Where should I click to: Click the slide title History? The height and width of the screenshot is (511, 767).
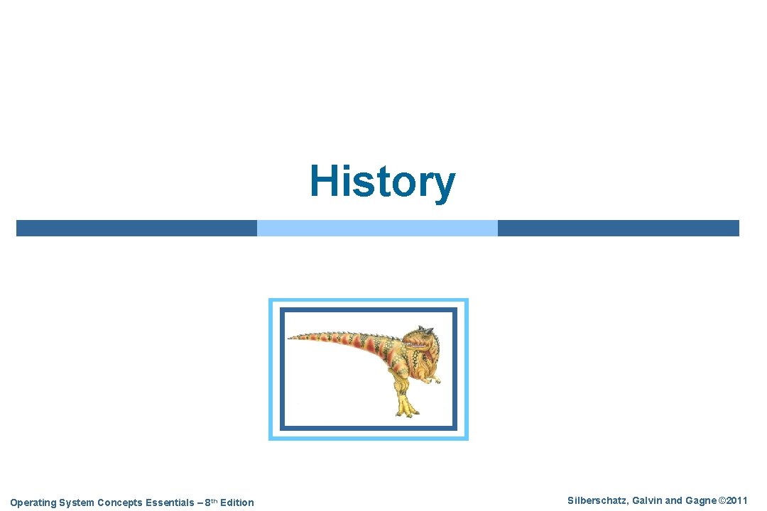click(x=382, y=182)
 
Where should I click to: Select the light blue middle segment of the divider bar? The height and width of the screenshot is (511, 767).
click(x=377, y=228)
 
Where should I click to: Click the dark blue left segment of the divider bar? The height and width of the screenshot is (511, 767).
click(x=136, y=228)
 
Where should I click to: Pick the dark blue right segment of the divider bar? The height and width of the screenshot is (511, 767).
click(x=618, y=228)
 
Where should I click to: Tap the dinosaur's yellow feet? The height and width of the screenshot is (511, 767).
click(x=405, y=410)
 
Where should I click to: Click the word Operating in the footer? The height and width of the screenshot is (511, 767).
click(x=32, y=502)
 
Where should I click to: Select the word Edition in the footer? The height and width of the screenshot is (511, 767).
click(x=236, y=502)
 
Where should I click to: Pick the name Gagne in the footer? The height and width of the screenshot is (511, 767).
click(x=700, y=501)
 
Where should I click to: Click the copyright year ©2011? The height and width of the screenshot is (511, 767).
click(x=732, y=501)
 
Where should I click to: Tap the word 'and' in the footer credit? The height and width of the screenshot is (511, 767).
click(x=673, y=501)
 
